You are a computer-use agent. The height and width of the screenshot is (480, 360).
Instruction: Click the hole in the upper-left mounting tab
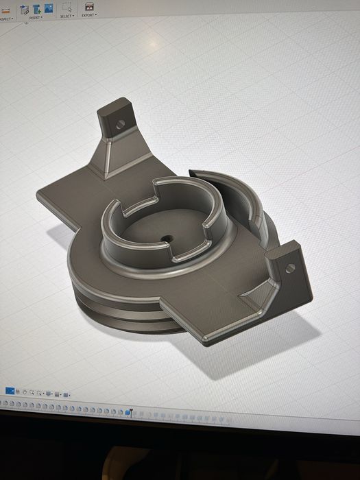coord(121,125)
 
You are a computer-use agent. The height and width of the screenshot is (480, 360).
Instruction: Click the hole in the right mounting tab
coord(290,267)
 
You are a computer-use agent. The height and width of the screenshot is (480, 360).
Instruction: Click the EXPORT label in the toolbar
coord(88,15)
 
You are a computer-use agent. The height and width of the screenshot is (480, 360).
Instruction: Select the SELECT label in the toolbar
coord(67,16)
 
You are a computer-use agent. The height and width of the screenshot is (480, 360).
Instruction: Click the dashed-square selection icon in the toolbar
coord(67,7)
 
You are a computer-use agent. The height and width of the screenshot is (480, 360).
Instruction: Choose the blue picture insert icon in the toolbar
coord(49,8)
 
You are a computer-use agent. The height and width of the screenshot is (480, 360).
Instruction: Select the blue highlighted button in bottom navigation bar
coord(10,391)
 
